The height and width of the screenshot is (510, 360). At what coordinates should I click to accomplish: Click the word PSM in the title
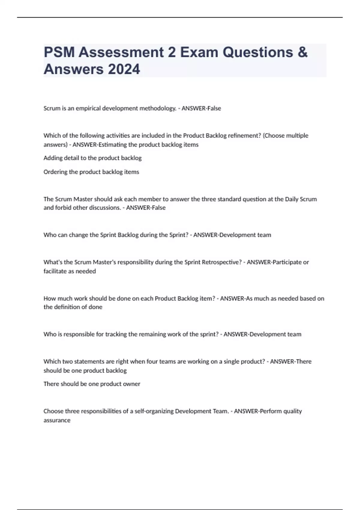click(x=59, y=52)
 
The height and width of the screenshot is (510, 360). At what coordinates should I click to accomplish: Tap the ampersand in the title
click(x=303, y=52)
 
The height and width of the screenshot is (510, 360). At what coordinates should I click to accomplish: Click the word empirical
click(x=88, y=108)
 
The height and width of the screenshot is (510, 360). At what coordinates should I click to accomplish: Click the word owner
click(x=132, y=384)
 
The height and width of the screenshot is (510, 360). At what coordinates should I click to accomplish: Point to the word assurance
click(x=57, y=420)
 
